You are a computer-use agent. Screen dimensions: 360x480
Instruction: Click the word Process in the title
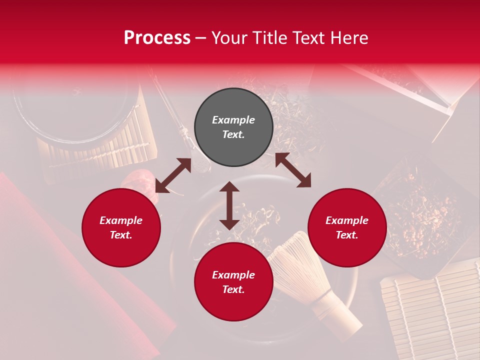pyautogui.click(x=157, y=38)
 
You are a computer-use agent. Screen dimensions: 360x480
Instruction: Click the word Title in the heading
pyautogui.click(x=266, y=38)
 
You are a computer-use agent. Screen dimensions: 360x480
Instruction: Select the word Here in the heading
pyautogui.click(x=349, y=38)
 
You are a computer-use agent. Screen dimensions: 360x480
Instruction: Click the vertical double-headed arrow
pyautogui.click(x=229, y=205)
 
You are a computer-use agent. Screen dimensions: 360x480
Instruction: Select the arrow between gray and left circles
pyautogui.click(x=173, y=175)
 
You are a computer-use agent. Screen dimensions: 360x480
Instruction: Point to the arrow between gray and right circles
pyautogui.click(x=293, y=170)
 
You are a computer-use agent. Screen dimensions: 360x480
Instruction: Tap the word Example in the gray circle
pyautogui.click(x=233, y=120)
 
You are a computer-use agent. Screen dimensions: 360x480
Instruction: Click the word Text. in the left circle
pyautogui.click(x=121, y=235)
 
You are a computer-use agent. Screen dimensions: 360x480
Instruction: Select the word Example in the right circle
pyautogui.click(x=347, y=220)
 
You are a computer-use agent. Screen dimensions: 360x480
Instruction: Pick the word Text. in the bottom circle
pyautogui.click(x=233, y=289)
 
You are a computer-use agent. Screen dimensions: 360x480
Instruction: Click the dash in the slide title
pyautogui.click(x=201, y=38)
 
